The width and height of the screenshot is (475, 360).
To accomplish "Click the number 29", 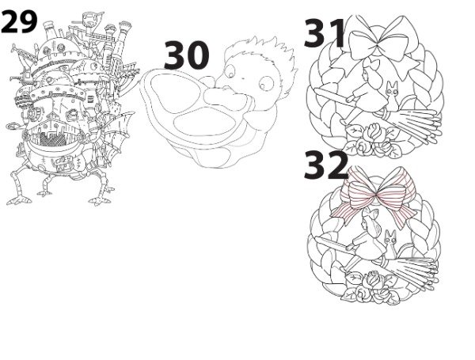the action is pyautogui.click(x=19, y=21).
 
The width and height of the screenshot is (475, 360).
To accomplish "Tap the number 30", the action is pyautogui.click(x=186, y=55).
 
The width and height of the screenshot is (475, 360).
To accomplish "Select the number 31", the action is pyautogui.click(x=325, y=33).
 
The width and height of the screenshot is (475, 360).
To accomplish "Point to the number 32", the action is pyautogui.click(x=325, y=165).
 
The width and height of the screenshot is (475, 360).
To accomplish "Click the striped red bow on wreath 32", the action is pyautogui.click(x=375, y=197).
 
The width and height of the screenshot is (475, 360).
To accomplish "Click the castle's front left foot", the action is pyautogui.click(x=19, y=200).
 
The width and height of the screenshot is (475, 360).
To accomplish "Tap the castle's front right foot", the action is pyautogui.click(x=100, y=200).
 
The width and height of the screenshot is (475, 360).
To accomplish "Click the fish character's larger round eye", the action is pyautogui.click(x=267, y=83).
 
